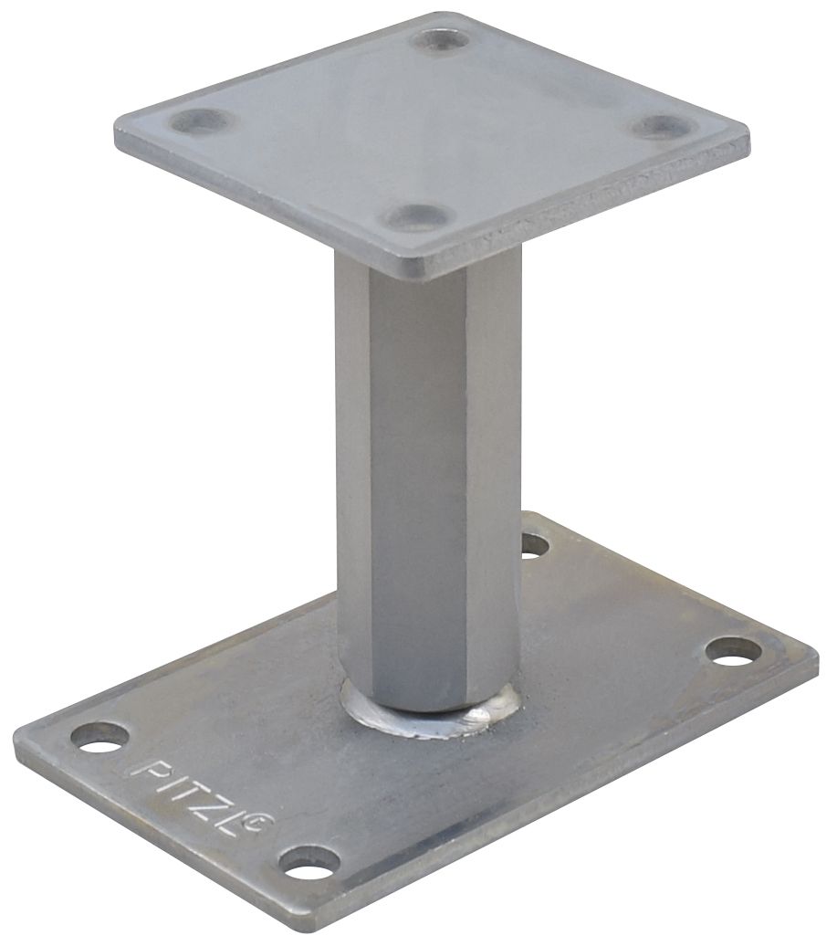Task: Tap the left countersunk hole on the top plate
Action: (202, 120)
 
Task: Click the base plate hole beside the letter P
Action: (100, 736)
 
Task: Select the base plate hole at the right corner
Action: (733, 650)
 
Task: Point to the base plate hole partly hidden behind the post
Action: (535, 545)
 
